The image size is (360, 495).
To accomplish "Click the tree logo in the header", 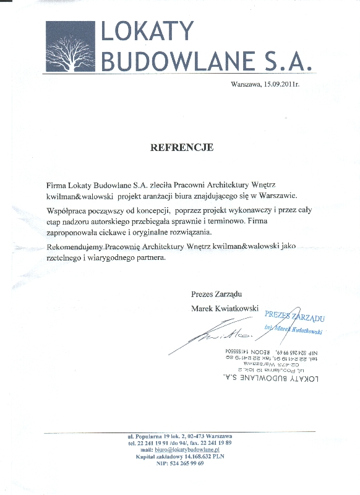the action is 70,46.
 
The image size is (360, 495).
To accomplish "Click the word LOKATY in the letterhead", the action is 147,33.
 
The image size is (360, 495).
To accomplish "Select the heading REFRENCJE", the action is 182,148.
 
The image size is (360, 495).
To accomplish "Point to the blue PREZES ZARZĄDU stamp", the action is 295,317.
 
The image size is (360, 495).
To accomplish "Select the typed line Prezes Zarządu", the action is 216,292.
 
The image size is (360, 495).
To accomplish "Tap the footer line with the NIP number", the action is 180,463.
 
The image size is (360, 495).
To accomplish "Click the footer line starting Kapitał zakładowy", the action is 179,457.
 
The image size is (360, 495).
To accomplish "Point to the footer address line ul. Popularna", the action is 180,437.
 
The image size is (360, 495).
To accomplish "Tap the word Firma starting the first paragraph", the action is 56,185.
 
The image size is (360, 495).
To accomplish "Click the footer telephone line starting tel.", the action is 180,443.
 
